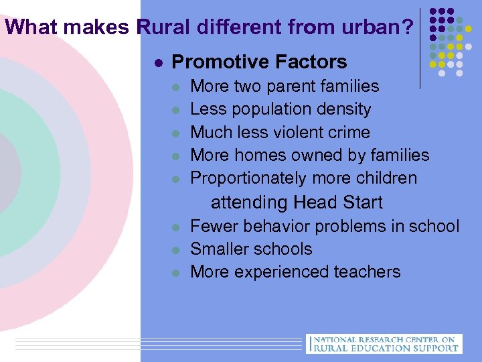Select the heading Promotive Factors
pyautogui.click(x=259, y=62)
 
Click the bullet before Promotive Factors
pyautogui.click(x=157, y=63)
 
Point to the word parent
pyautogui.click(x=287, y=86)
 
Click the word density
pyautogui.click(x=341, y=109)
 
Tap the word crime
pyautogui.click(x=349, y=132)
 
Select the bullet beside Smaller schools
pyautogui.click(x=175, y=249)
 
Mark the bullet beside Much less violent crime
pyautogui.click(x=175, y=133)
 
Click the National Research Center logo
pyautogui.click(x=383, y=343)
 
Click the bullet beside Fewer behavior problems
pyautogui.click(x=175, y=227)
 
